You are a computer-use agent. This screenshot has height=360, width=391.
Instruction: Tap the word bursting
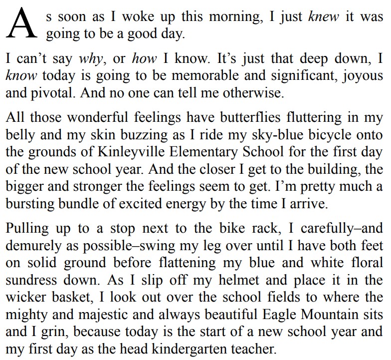pos(28,203)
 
